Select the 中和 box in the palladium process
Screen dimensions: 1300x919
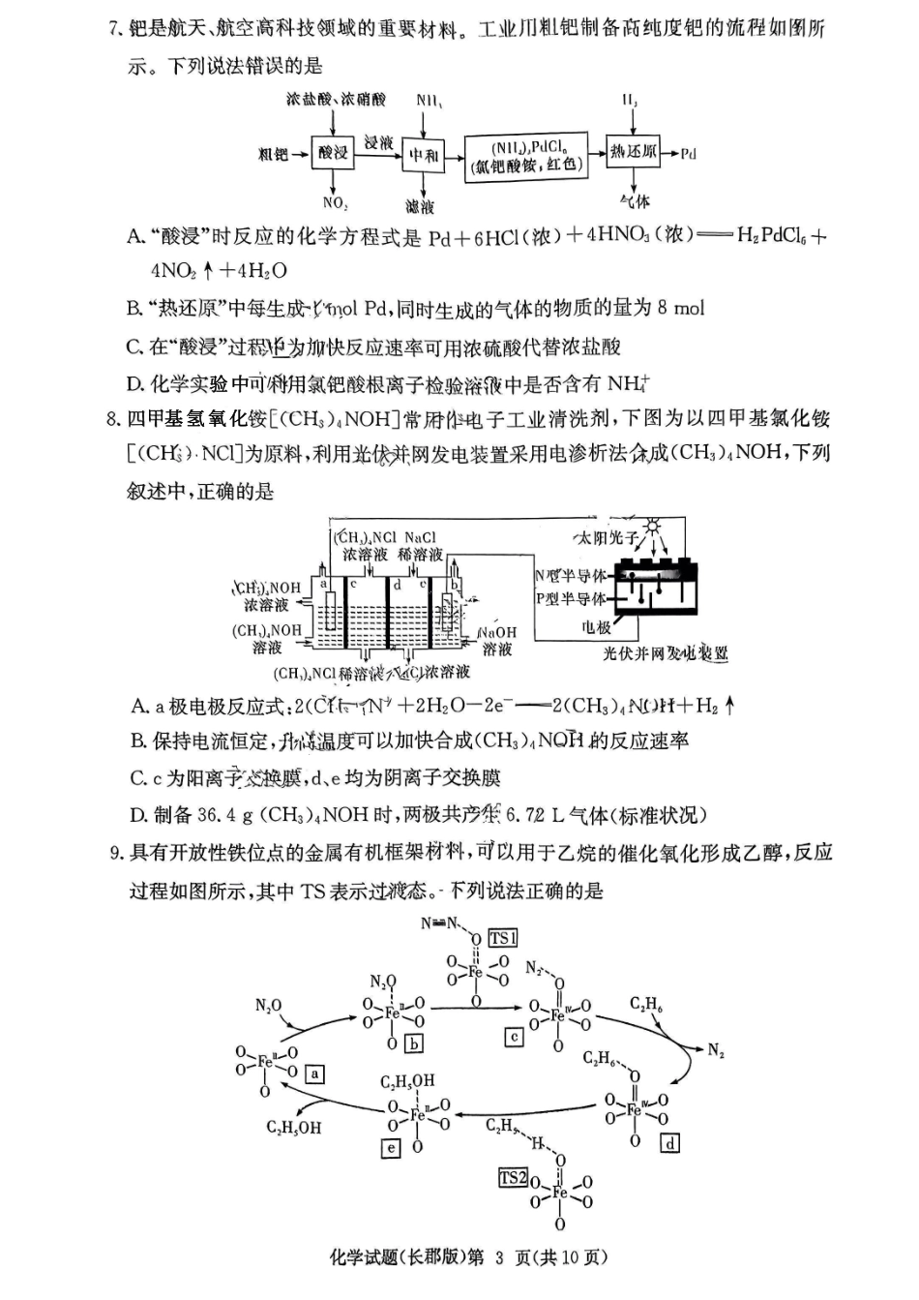(424, 155)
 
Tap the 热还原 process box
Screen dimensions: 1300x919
(633, 152)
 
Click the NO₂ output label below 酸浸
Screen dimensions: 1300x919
(335, 202)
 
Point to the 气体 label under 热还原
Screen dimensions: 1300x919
(635, 201)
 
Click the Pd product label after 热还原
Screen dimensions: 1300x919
(688, 153)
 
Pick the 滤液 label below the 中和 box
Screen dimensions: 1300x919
(420, 206)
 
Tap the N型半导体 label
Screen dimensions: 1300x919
(570, 576)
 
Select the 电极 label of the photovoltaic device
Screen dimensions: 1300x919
(596, 627)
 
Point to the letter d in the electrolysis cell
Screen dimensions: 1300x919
(397, 584)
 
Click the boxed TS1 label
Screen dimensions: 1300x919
(502, 937)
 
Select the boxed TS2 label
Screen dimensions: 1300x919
(514, 1178)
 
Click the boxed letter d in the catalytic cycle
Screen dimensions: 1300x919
(668, 1143)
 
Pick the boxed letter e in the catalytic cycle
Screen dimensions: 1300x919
(391, 1148)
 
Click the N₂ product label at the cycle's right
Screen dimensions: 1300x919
(716, 1051)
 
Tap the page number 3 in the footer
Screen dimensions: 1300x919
(499, 1257)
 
